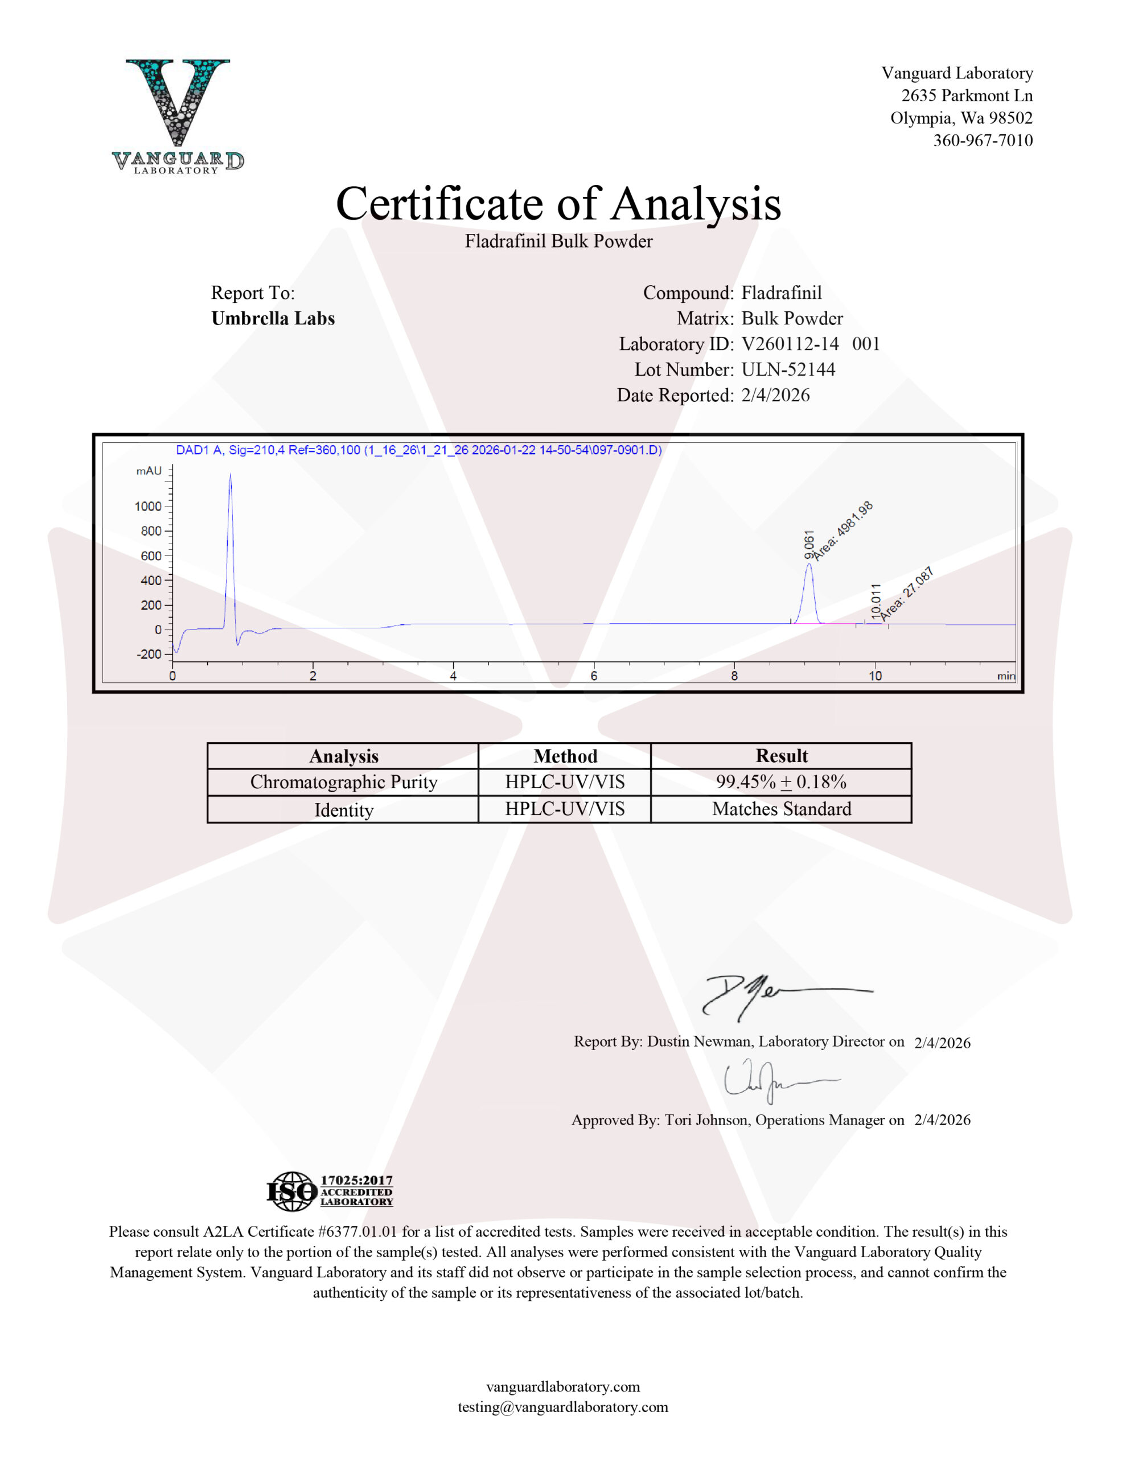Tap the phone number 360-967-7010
point(983,141)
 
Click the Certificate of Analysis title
point(558,204)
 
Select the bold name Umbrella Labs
point(273,318)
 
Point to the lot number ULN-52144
point(788,369)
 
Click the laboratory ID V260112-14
point(790,344)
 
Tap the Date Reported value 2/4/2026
point(775,396)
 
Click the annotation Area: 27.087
point(906,594)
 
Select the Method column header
point(565,756)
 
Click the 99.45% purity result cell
point(781,782)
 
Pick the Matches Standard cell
point(781,809)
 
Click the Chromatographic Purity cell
point(343,782)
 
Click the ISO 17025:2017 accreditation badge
point(330,1191)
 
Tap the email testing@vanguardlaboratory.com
point(562,1407)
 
